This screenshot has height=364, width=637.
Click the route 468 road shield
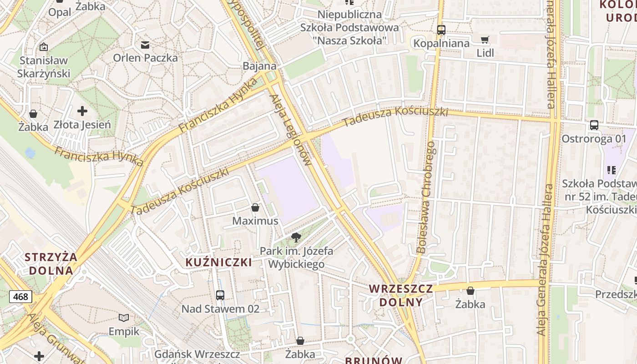(20, 297)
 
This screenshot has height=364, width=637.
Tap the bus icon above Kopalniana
(441, 30)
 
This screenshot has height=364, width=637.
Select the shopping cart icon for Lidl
(485, 40)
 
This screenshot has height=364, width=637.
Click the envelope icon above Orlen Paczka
(145, 45)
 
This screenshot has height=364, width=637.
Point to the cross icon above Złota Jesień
(82, 111)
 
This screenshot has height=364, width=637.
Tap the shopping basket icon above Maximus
(255, 208)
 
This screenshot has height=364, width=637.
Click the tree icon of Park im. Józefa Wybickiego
(296, 237)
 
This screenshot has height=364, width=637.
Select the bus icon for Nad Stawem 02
(220, 295)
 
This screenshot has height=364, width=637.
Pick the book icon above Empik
(124, 318)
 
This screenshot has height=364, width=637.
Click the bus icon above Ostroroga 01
(594, 125)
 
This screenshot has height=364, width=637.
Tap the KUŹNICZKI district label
(219, 263)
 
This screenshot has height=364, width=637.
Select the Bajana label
(259, 66)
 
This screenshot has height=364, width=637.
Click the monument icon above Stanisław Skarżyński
(44, 47)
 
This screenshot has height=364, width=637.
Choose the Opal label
(60, 12)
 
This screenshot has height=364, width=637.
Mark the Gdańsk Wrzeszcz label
(197, 354)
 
